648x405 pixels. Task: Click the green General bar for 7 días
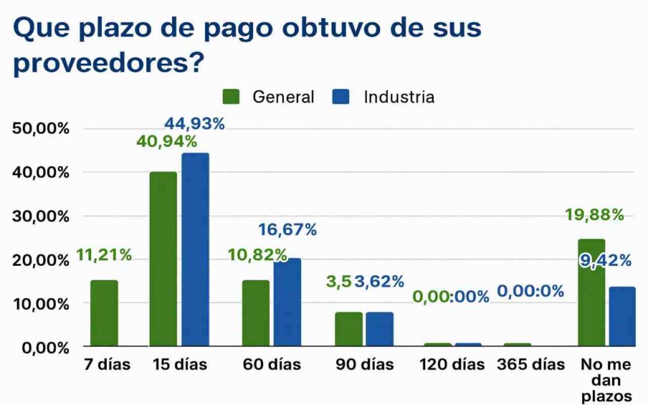click(104, 313)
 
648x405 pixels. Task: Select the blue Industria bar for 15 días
click(195, 250)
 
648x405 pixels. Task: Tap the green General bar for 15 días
click(163, 259)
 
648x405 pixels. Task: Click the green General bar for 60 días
click(255, 313)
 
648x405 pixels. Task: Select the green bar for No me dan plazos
click(591, 293)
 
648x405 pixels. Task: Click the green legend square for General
click(231, 97)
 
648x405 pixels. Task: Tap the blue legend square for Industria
click(341, 97)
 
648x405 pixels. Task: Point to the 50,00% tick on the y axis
click(40, 129)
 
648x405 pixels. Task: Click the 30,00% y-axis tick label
click(40, 216)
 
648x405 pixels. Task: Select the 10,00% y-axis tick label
click(40, 304)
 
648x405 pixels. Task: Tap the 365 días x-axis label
click(530, 365)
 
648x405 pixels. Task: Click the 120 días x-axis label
click(452, 365)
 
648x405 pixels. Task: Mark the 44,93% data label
click(194, 123)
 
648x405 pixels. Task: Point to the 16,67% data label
click(287, 230)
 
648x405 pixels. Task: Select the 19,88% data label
click(594, 215)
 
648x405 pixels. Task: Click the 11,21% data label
click(104, 255)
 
